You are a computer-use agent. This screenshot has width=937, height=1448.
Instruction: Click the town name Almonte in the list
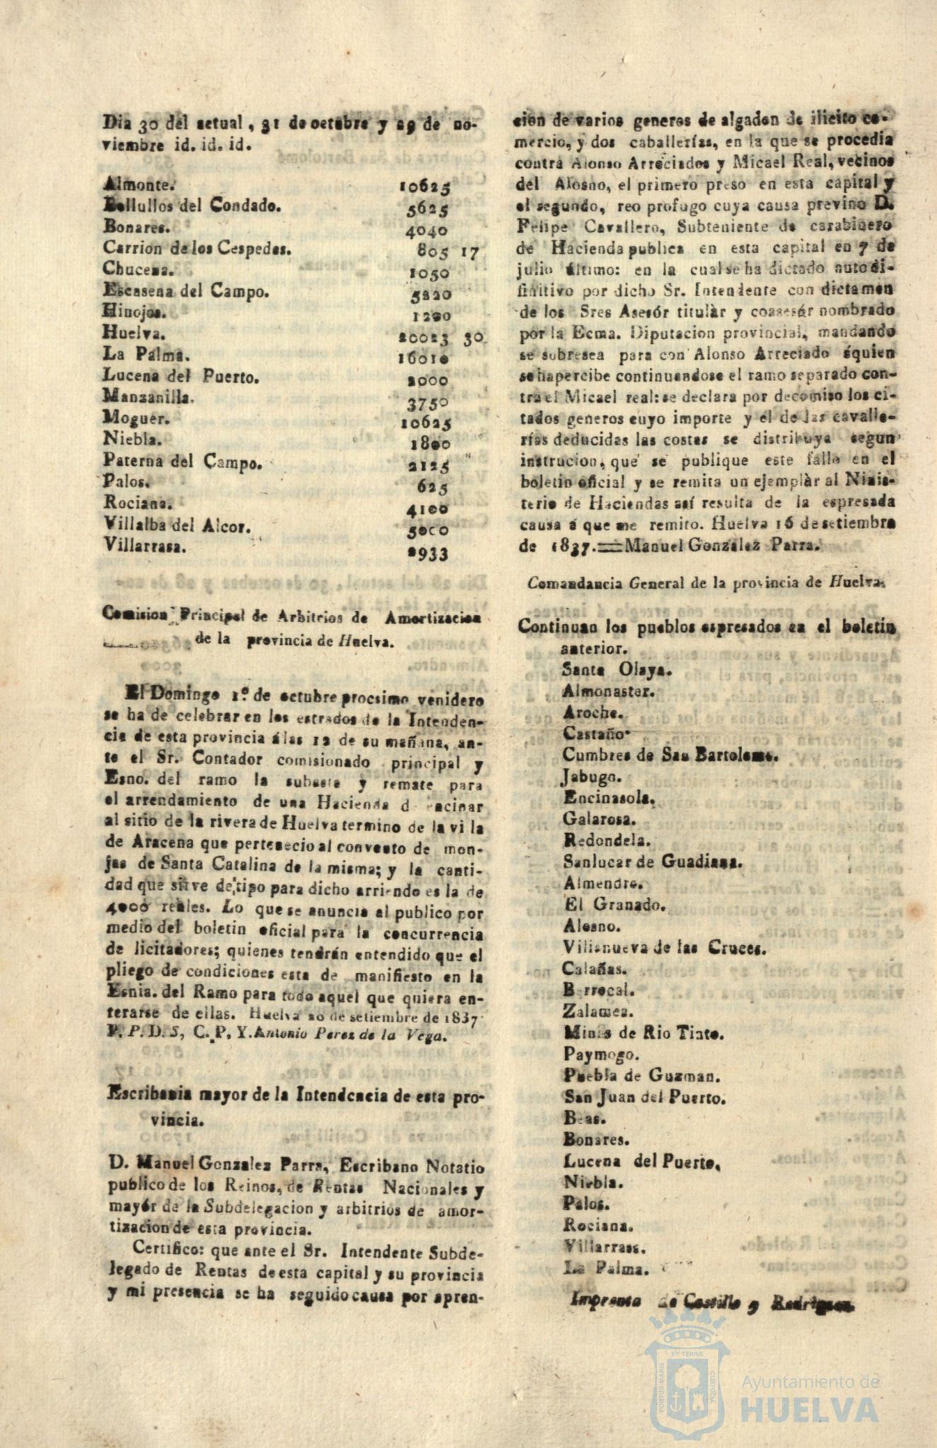pos(137,185)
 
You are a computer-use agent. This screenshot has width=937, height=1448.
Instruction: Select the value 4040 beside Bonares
pos(426,230)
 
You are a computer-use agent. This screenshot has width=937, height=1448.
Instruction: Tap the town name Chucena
pos(139,269)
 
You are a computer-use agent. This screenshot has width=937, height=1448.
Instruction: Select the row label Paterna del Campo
pos(182,462)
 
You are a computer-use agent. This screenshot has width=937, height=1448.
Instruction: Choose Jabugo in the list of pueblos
pos(591,776)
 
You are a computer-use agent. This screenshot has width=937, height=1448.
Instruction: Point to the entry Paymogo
pos(602,1054)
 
